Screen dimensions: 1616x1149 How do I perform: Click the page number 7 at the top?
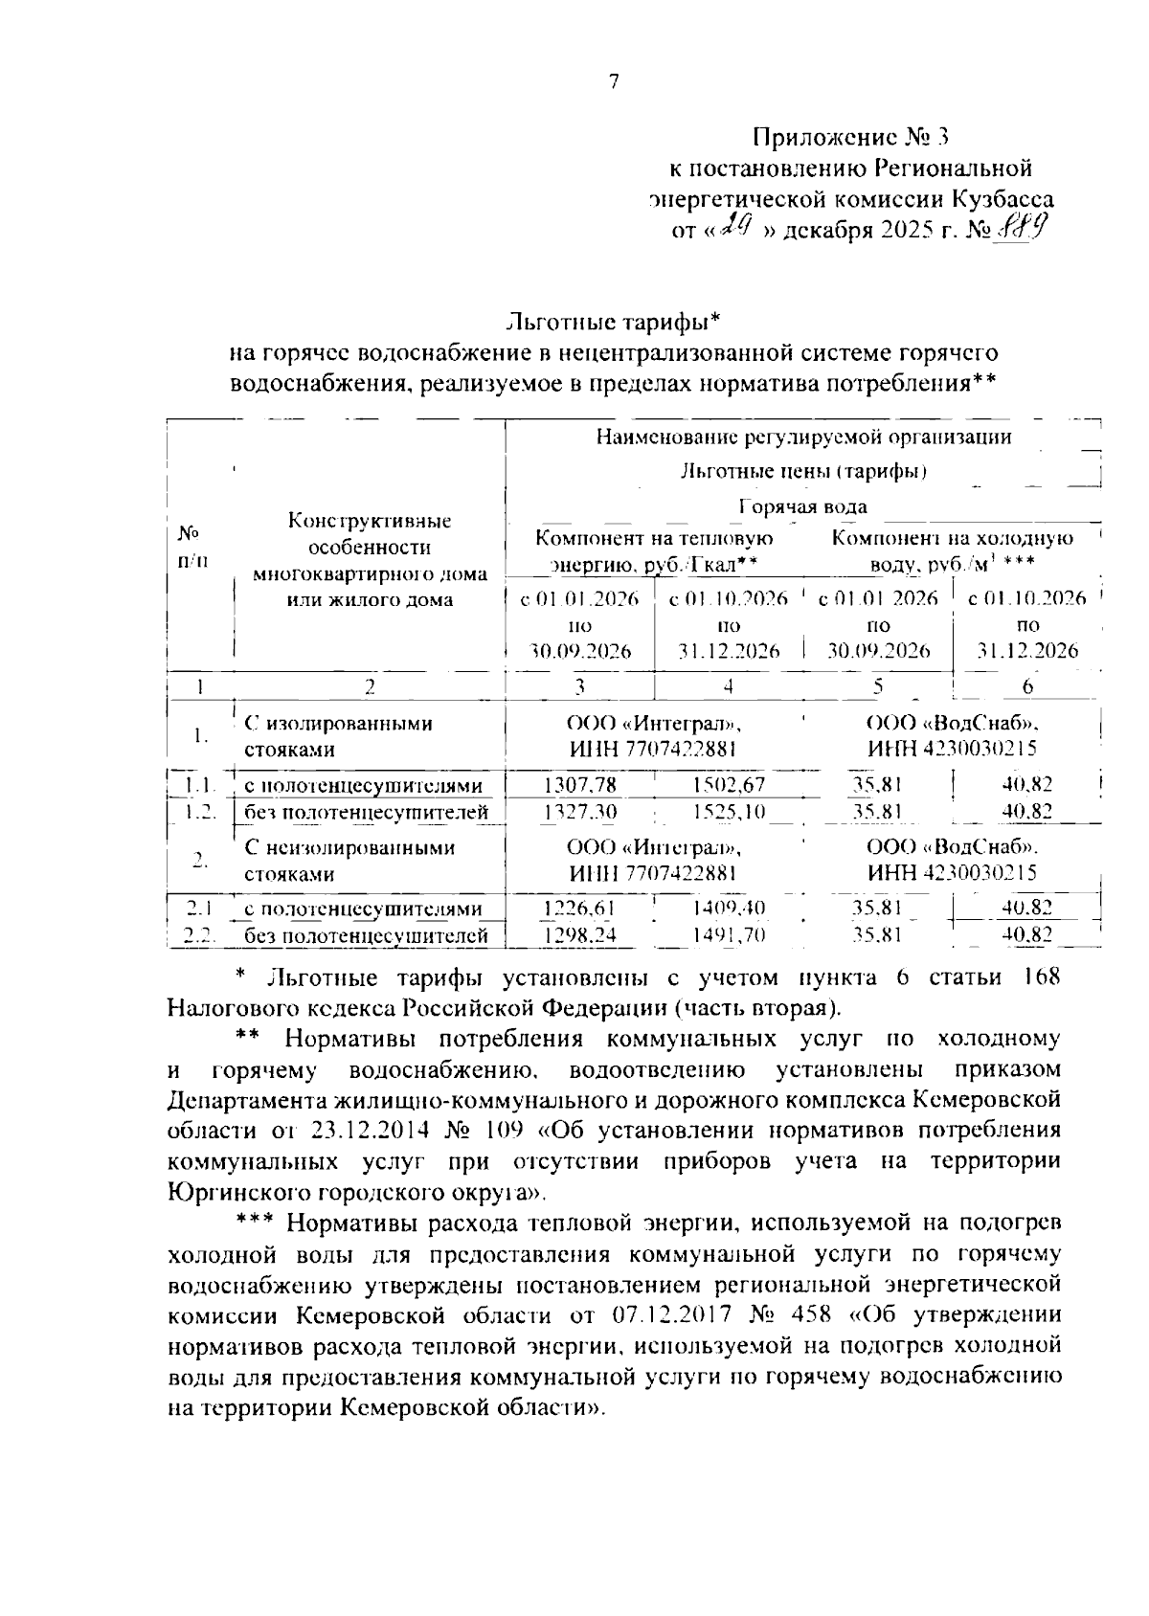(614, 82)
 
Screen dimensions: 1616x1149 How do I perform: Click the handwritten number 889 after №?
(1020, 229)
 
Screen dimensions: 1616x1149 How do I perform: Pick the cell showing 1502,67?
(729, 785)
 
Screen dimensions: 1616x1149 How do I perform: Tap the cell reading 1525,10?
(729, 812)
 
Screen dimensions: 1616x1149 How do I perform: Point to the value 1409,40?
(729, 908)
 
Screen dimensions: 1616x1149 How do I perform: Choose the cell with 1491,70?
(729, 934)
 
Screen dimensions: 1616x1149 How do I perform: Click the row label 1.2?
(200, 812)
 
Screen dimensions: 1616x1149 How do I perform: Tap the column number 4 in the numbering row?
(729, 685)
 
